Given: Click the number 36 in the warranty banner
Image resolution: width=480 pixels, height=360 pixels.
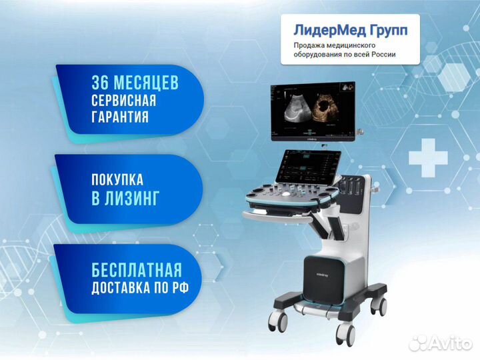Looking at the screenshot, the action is point(101,83).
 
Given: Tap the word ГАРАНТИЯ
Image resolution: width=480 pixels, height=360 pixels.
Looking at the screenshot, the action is point(120,117).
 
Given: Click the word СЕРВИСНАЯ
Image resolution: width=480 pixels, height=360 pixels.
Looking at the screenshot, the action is point(124,100).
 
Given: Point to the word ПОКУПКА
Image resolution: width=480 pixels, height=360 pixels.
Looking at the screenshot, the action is point(117,180).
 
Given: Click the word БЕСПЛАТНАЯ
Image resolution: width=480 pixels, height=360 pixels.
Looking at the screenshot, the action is point(137,270).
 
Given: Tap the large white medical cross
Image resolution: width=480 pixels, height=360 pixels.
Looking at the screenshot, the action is point(428,158).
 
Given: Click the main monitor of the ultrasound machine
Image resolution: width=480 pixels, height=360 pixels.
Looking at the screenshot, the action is point(313,111).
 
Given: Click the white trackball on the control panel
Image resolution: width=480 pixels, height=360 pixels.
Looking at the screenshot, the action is point(285,194).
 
